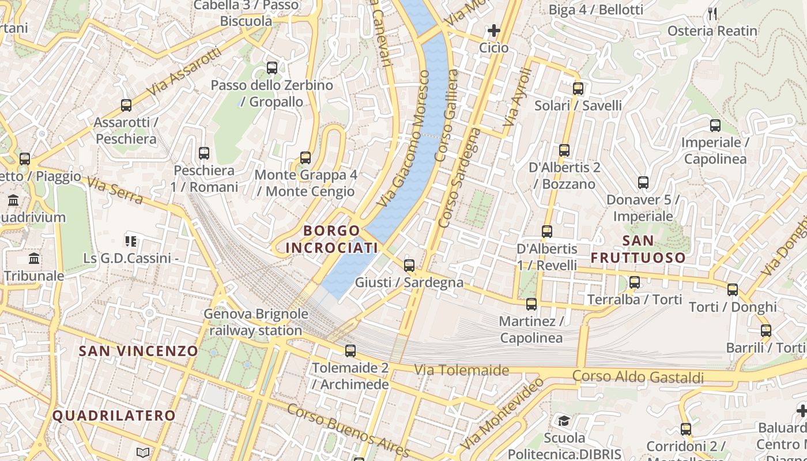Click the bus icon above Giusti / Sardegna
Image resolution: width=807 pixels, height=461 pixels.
click(409, 266)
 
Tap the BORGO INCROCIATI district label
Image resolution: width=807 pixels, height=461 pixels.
click(332, 239)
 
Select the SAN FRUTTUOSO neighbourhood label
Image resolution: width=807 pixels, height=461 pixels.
click(638, 249)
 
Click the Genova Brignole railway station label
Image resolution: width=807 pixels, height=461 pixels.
click(256, 323)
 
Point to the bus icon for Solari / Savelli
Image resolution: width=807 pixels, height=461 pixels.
click(578, 89)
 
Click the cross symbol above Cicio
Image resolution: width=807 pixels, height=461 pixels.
click(494, 31)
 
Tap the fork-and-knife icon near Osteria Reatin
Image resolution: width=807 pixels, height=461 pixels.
click(713, 14)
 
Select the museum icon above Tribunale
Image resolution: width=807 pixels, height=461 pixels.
click(35, 259)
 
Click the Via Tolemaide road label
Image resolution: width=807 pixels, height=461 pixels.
click(462, 370)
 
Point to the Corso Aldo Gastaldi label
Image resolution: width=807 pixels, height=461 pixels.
click(638, 377)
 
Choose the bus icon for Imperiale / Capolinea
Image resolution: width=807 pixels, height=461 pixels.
click(715, 125)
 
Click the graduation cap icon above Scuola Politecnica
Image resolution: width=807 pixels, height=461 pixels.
click(563, 421)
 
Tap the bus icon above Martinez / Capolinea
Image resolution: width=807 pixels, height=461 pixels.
click(531, 304)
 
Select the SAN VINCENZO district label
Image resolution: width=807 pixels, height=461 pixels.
click(138, 351)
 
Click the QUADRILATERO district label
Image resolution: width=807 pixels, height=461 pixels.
click(114, 415)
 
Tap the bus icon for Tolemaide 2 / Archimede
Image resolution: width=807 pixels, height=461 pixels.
click(350, 350)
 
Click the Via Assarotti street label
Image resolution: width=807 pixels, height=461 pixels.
click(184, 72)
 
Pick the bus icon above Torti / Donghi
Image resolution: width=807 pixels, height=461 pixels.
click(733, 289)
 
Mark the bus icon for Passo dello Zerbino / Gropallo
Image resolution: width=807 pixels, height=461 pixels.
click(272, 68)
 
